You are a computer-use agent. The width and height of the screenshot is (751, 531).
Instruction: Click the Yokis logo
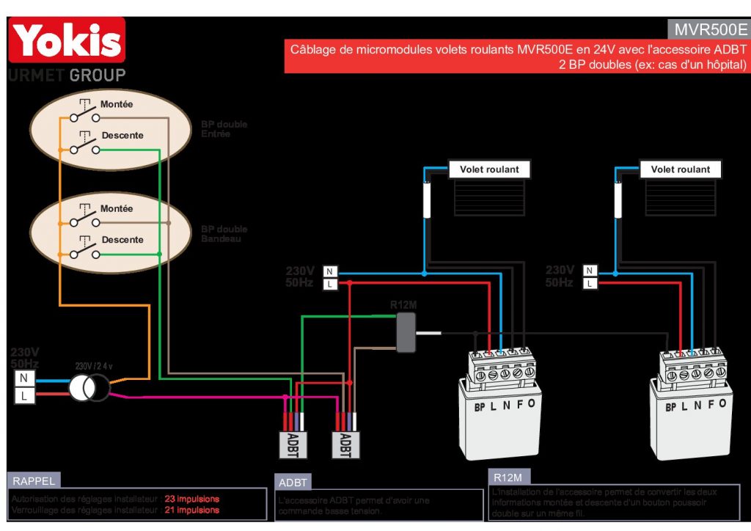(x=67, y=41)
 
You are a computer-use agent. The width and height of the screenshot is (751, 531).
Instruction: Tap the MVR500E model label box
(x=708, y=29)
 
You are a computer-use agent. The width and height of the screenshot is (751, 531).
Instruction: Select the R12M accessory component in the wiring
(x=406, y=332)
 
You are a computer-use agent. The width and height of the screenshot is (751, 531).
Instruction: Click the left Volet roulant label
(x=489, y=169)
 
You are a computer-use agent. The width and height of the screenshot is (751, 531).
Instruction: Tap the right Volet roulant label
(x=681, y=169)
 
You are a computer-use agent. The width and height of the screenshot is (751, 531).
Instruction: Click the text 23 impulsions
(x=191, y=499)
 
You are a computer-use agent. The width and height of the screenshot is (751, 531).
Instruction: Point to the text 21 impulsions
(x=191, y=510)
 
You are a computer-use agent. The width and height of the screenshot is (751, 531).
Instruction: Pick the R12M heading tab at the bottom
(x=508, y=477)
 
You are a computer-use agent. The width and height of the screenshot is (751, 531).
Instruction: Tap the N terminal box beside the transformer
(x=24, y=378)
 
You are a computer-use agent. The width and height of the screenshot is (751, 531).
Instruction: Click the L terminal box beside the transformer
(x=24, y=396)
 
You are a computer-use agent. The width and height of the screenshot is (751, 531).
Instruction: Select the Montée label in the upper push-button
(x=117, y=105)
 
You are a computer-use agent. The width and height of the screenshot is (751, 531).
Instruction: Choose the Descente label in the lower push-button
(x=122, y=240)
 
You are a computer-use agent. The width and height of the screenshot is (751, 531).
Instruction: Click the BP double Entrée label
(x=224, y=129)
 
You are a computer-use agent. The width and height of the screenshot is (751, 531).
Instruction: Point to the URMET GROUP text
(x=67, y=75)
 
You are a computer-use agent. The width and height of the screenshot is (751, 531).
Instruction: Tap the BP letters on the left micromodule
(x=480, y=406)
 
